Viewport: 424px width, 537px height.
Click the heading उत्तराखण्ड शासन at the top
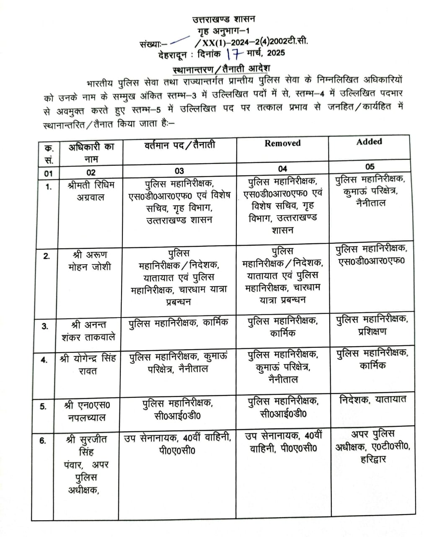click(223, 19)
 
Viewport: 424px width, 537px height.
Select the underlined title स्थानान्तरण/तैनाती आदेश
click(222, 68)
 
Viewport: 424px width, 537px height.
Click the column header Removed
click(282, 143)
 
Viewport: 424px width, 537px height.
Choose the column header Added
click(369, 142)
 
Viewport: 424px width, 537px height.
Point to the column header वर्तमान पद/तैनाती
click(180, 146)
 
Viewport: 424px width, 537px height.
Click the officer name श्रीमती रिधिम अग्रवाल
click(90, 191)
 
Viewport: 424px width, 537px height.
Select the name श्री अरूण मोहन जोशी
click(90, 261)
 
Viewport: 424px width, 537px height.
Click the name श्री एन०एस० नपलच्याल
click(88, 411)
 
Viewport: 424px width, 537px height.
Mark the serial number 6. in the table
click(43, 441)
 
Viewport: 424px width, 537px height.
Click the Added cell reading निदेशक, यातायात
click(372, 400)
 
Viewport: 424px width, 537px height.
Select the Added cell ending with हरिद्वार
click(372, 446)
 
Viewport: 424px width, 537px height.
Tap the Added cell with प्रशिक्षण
click(372, 325)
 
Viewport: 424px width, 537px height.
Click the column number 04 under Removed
click(283, 169)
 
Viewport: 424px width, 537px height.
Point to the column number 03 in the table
click(179, 171)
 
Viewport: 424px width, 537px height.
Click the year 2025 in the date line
click(274, 53)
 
